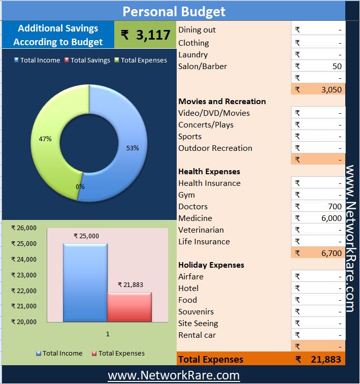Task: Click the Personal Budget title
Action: pyautogui.click(x=174, y=11)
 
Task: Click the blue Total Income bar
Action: pyautogui.click(x=85, y=282)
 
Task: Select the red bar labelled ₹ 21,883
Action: pyautogui.click(x=129, y=307)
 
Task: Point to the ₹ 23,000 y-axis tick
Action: pyautogui.click(x=24, y=275)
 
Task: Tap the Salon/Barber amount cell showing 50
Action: pyautogui.click(x=318, y=66)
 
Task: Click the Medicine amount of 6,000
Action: pyautogui.click(x=318, y=218)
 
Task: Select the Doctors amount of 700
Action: pyautogui.click(x=318, y=206)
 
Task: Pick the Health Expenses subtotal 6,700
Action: pyautogui.click(x=318, y=253)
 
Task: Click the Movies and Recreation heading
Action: pyautogui.click(x=222, y=101)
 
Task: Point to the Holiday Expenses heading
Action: pyautogui.click(x=211, y=265)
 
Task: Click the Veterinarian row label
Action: pyautogui.click(x=201, y=230)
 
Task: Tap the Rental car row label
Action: pyautogui.click(x=197, y=335)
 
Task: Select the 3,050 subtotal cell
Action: pyautogui.click(x=318, y=89)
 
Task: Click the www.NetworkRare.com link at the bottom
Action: pyautogui.click(x=174, y=375)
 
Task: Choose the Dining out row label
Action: pyautogui.click(x=197, y=30)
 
